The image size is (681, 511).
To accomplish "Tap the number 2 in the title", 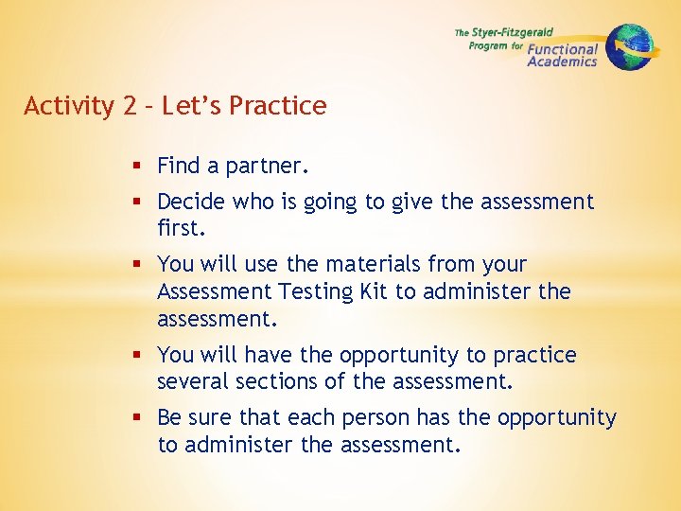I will point(130,106).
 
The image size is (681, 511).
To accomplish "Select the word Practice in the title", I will point(281,106).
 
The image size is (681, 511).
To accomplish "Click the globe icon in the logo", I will point(630,46).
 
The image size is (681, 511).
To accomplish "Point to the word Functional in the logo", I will point(563,49).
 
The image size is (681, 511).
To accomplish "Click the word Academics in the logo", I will point(562,62).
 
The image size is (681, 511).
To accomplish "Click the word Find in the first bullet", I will point(179,167).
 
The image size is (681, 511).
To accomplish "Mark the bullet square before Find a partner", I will point(139,167).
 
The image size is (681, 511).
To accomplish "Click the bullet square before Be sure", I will point(139,417).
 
